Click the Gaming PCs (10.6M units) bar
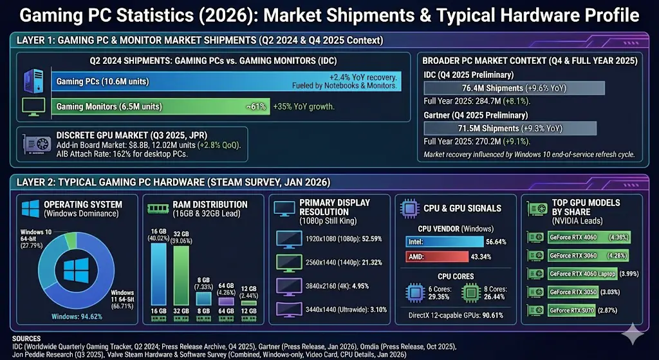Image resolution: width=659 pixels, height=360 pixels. pos(225,82)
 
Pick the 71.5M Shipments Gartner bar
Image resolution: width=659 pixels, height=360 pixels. pos(509,128)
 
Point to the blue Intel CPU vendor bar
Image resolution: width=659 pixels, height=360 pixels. pos(444,242)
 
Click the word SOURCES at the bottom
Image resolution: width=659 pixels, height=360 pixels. pos(26,338)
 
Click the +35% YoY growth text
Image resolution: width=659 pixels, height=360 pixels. pos(304,107)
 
